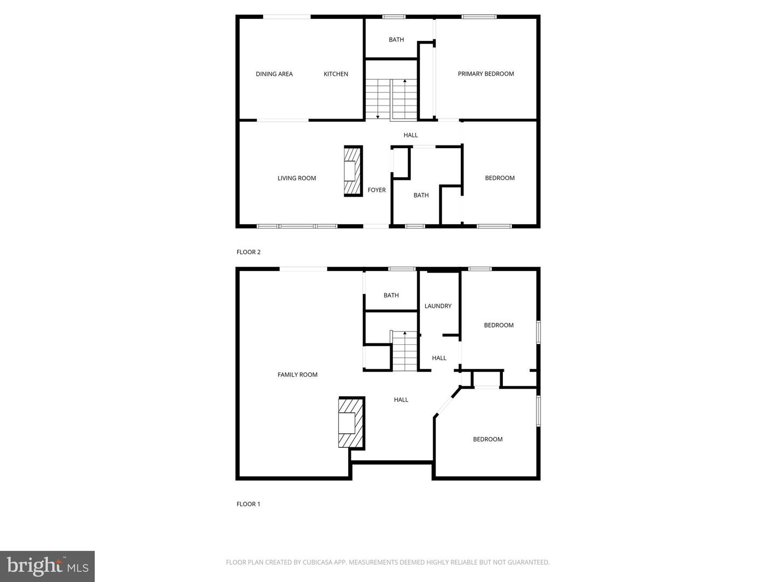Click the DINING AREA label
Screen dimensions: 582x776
(x=274, y=74)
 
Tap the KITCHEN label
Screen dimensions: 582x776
(x=336, y=74)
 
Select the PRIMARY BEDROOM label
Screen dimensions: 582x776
(x=486, y=74)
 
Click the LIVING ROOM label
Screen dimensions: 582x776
(x=296, y=178)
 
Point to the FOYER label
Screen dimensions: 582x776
(x=377, y=190)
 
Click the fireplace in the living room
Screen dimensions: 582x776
(x=353, y=171)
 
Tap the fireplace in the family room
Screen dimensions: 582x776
(x=350, y=422)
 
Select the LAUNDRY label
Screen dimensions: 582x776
(x=438, y=306)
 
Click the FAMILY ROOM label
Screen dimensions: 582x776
(x=297, y=375)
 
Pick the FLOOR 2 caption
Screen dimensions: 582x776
(x=248, y=252)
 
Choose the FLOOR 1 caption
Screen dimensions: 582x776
(x=248, y=504)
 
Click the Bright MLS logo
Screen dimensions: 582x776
(x=47, y=566)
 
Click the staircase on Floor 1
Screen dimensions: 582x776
(x=404, y=351)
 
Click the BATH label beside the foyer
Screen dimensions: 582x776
(x=421, y=196)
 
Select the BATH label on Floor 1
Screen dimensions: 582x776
(x=391, y=295)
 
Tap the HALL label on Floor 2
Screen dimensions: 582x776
(x=411, y=135)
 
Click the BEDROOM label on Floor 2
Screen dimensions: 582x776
(x=500, y=178)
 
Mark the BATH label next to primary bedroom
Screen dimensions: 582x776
(x=396, y=40)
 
